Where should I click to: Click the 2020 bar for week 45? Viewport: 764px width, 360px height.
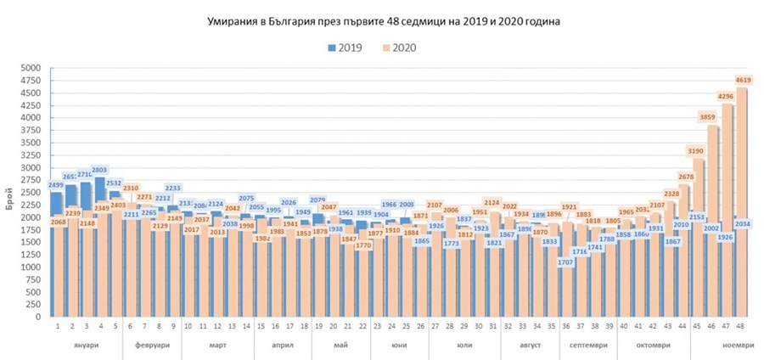[698, 246]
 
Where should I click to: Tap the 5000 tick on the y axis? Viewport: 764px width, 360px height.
[31, 68]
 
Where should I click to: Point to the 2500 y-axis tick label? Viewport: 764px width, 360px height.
[31, 193]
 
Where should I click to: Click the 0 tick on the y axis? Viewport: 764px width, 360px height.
[37, 317]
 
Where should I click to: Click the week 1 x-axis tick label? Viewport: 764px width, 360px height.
[57, 326]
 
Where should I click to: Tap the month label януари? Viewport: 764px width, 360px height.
[87, 346]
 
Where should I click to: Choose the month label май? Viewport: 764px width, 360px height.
[340, 346]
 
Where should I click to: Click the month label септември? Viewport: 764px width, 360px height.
[584, 346]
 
